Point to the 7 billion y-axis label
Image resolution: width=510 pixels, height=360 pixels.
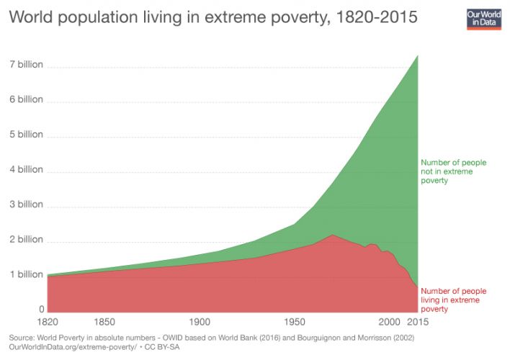(x=26, y=65)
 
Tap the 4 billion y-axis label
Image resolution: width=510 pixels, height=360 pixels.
(x=26, y=170)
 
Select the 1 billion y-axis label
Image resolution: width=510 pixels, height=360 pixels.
(x=26, y=274)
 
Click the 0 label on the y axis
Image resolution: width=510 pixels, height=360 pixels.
(x=42, y=309)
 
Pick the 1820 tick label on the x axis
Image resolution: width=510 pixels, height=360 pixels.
(x=48, y=322)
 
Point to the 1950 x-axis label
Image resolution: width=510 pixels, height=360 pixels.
(x=295, y=322)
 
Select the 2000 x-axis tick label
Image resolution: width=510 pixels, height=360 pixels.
(x=389, y=322)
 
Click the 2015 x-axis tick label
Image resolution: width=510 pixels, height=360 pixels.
(x=418, y=322)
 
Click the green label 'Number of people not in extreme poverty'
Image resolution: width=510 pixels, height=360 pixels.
(x=453, y=171)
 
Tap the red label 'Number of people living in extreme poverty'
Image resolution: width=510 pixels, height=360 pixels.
(x=453, y=300)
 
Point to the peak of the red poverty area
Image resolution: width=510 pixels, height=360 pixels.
(x=331, y=235)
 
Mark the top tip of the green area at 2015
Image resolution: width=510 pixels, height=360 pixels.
(x=418, y=55)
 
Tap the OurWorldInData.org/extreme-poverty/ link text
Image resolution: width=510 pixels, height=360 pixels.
(x=69, y=347)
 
